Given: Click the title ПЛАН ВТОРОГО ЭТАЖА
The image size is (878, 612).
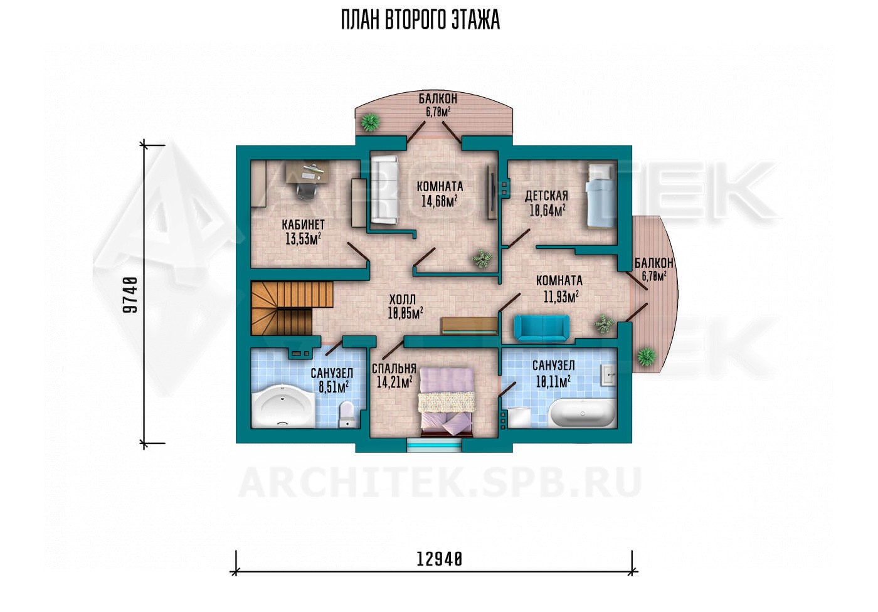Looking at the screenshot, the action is click(420, 20).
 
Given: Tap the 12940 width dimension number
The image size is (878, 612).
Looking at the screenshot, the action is click(439, 559).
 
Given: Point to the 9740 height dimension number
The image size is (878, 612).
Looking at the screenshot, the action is click(131, 295).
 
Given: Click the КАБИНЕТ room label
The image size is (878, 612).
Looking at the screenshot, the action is click(304, 224).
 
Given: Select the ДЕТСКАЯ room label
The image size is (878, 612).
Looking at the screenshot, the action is click(546, 195).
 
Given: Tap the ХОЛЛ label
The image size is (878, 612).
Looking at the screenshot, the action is click(403, 300).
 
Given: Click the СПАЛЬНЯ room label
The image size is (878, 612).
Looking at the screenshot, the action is click(394, 368).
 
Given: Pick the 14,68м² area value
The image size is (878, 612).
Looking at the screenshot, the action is click(440, 201).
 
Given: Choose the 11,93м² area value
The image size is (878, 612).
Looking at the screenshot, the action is click(561, 297).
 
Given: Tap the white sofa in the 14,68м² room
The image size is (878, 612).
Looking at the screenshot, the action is click(384, 190).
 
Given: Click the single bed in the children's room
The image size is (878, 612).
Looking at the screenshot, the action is click(601, 195).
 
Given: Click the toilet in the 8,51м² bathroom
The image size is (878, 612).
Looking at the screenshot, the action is click(347, 414).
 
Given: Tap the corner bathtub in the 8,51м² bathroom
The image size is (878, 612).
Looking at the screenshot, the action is click(283, 406).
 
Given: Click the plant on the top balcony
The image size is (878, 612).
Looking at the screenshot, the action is click(370, 122).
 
